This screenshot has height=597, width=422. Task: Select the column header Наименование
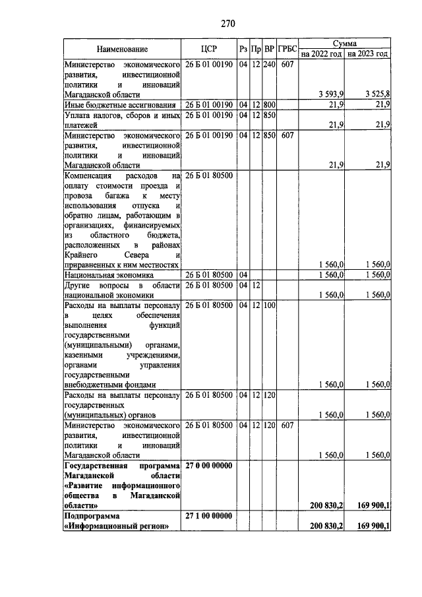tap(122, 49)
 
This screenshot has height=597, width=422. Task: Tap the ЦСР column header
tap(208, 49)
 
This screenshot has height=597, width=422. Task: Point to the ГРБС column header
tap(287, 49)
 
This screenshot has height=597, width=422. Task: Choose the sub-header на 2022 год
tap(321, 54)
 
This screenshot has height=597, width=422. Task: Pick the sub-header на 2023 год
tap(368, 54)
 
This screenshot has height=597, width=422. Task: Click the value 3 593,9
tap(330, 94)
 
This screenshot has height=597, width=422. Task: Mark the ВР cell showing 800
tap(269, 105)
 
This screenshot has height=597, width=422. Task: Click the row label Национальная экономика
tap(109, 274)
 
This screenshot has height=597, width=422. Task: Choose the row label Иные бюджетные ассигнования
tap(119, 105)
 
